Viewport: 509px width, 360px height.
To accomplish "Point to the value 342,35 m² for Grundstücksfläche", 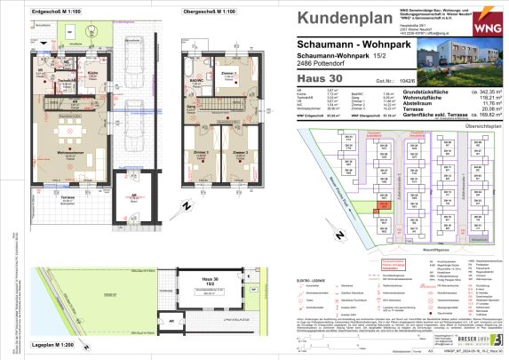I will click(473, 92).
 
